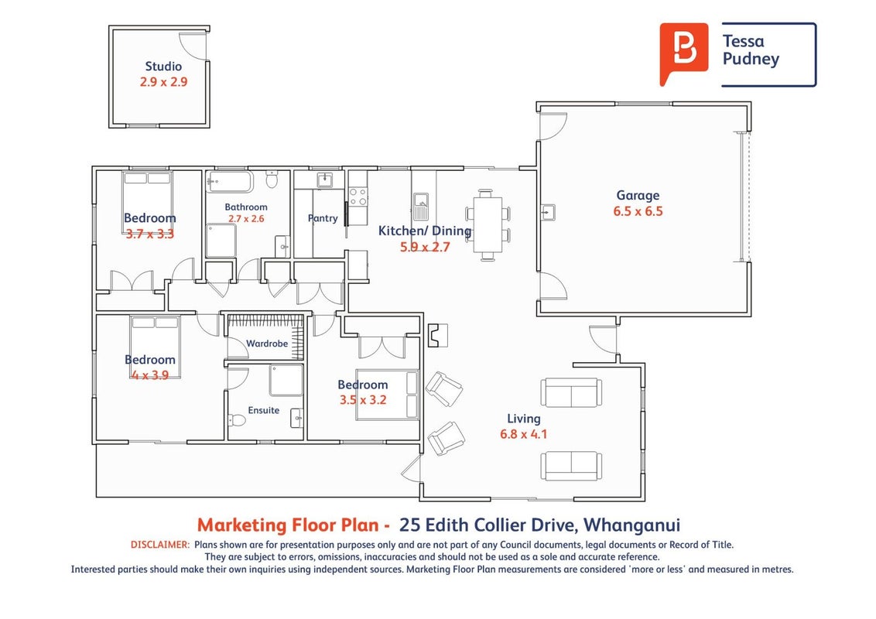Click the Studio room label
[x=163, y=67]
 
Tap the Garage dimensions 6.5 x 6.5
[x=638, y=211]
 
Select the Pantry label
[x=323, y=218]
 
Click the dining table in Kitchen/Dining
[x=488, y=224]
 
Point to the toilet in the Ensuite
[x=237, y=419]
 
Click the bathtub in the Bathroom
[x=230, y=182]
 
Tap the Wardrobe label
[x=267, y=344]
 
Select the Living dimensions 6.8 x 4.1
[x=523, y=434]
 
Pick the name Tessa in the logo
[x=743, y=41]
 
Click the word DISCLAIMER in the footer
[x=160, y=544]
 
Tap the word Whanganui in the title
[x=632, y=525]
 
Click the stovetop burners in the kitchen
[x=358, y=197]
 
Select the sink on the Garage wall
[x=548, y=213]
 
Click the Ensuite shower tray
[x=286, y=381]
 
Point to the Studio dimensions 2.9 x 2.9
[x=164, y=82]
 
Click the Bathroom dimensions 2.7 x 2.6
[x=246, y=219]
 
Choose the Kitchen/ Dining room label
[x=425, y=231]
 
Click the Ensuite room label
[x=264, y=410]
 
